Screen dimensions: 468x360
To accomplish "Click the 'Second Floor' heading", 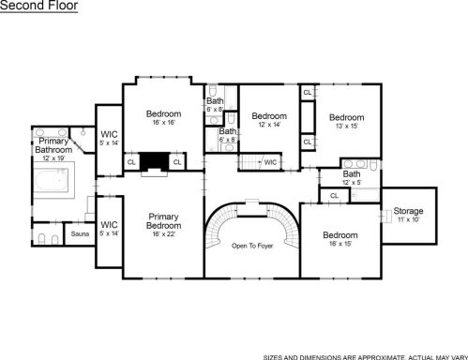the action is pyautogui.click(x=38, y=6).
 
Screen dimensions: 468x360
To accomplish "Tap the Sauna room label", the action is pyautogui.click(x=80, y=233).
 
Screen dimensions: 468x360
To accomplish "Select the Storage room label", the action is pyautogui.click(x=408, y=211).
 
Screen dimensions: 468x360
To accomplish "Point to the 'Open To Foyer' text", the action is pyautogui.click(x=252, y=246).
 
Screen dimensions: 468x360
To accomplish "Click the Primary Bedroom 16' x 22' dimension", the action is pyautogui.click(x=163, y=233).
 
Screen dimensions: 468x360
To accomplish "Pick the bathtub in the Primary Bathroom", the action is pyautogui.click(x=52, y=181).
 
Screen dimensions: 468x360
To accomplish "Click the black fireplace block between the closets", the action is pyautogui.click(x=154, y=161).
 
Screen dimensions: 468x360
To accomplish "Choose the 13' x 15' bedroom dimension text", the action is pyautogui.click(x=347, y=126).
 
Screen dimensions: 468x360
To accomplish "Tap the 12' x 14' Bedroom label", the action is pyautogui.click(x=269, y=116).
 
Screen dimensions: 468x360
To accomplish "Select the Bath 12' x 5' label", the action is pyautogui.click(x=352, y=173).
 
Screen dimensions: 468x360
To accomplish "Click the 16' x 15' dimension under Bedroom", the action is pyautogui.click(x=340, y=244).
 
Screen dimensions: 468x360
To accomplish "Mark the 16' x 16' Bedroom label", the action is pyautogui.click(x=163, y=113).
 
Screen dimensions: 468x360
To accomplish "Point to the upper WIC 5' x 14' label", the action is pyautogui.click(x=109, y=135).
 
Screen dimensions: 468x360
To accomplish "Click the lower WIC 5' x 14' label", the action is pyautogui.click(x=109, y=225).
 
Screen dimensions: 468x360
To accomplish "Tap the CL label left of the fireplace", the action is pyautogui.click(x=131, y=162).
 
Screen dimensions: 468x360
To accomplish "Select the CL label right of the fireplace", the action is pyautogui.click(x=177, y=162).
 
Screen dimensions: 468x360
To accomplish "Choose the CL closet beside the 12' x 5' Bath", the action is pyautogui.click(x=334, y=196).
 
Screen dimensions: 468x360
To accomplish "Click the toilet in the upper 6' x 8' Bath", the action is pyautogui.click(x=213, y=90).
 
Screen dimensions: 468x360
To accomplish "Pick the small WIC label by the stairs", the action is pyautogui.click(x=270, y=162).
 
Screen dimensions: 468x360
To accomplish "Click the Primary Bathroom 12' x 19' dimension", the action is pyautogui.click(x=53, y=158).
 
